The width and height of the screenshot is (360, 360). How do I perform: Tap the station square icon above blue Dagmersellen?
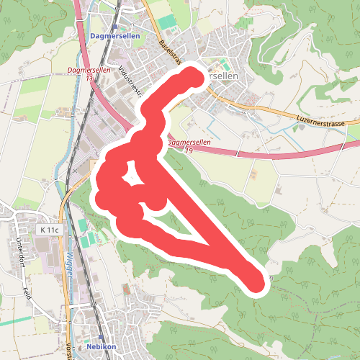tap(114, 27)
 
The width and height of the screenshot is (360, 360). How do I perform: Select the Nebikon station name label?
tap(101, 346)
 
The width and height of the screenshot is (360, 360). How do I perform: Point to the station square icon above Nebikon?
tap(101, 337)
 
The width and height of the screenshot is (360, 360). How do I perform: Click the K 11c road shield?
tap(49, 230)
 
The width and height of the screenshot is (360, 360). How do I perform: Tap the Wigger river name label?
tap(70, 266)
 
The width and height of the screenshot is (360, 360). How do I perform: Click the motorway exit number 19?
tap(189, 150)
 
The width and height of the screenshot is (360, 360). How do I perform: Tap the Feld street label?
tap(27, 294)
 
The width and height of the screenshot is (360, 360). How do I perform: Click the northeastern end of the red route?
tap(194, 76)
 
